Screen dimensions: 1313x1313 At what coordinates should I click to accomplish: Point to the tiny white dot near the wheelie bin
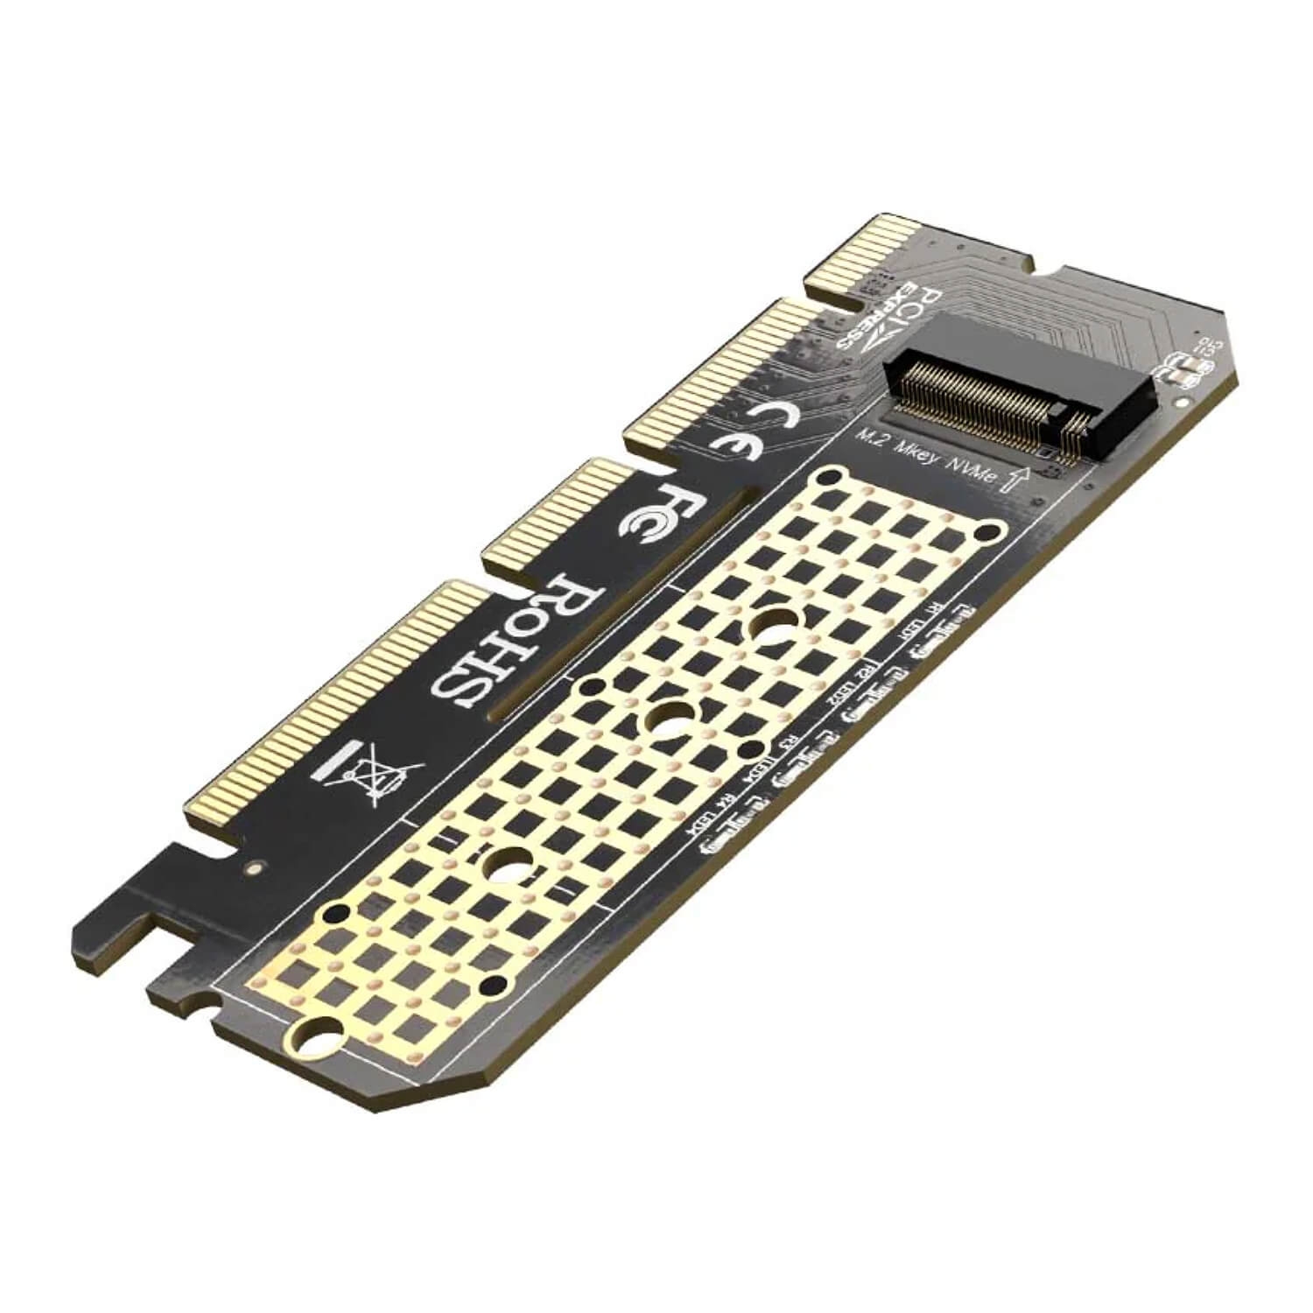tap(254, 867)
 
